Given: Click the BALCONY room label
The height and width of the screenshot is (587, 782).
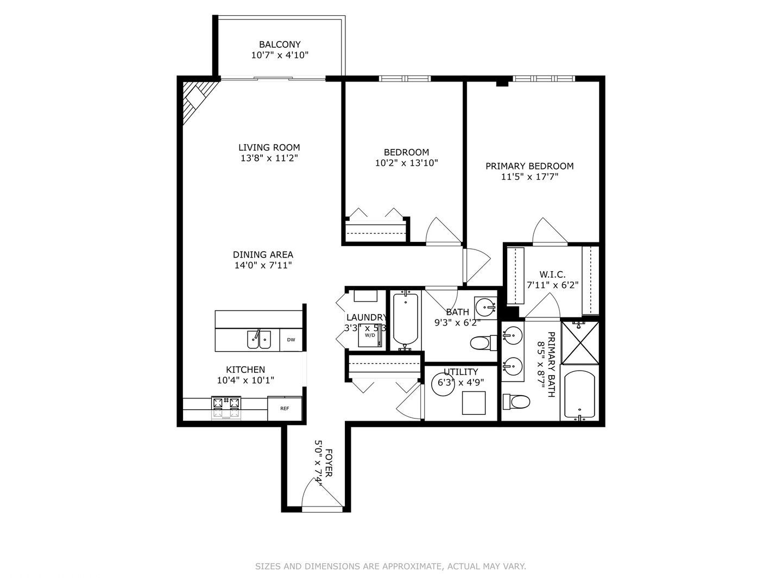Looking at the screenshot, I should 280,45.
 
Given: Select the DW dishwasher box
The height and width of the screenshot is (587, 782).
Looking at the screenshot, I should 291,340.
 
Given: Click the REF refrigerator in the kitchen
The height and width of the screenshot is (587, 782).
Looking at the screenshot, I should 285,408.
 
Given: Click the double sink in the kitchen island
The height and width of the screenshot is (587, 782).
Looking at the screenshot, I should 258,340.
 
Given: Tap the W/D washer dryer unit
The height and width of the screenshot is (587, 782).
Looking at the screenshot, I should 370,336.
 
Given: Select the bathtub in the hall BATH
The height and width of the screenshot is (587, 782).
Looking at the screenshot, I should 405,320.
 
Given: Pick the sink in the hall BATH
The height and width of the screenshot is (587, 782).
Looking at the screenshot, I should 485,308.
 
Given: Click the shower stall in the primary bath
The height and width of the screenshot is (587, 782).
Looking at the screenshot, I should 580,342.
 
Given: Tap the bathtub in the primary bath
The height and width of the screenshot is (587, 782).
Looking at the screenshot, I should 579,394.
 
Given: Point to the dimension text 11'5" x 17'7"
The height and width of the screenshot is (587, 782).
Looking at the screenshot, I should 529,177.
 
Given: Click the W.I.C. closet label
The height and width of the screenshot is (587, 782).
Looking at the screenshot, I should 552,274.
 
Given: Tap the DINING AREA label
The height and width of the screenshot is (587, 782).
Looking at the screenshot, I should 263,254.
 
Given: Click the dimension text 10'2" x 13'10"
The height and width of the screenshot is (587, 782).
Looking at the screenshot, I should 406,163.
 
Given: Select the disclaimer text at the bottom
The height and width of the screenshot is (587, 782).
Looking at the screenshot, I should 390,566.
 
